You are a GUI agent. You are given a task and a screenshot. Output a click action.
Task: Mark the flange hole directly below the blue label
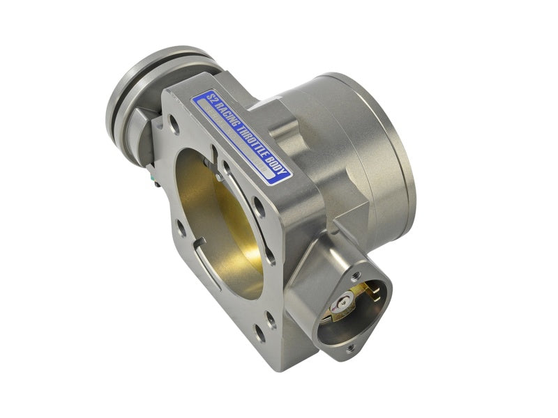[259, 206]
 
